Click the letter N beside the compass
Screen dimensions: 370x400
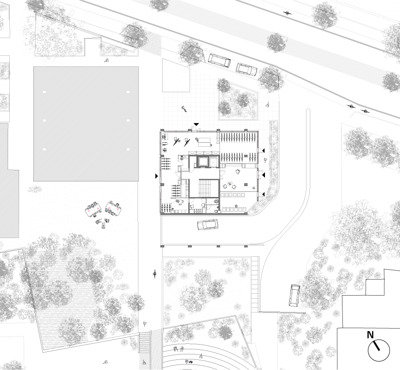[370, 335]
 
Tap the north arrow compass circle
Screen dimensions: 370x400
[379, 350]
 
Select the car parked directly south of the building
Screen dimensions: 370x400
[208, 225]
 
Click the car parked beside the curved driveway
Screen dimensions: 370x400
[295, 295]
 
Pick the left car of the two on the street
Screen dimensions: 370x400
[219, 60]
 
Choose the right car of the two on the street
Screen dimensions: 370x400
[246, 69]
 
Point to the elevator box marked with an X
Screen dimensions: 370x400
[213, 162]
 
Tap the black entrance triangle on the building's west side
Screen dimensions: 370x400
[157, 176]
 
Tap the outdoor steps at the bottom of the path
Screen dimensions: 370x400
[145, 343]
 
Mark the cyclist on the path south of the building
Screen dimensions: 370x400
[155, 275]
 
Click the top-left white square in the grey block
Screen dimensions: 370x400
[44, 92]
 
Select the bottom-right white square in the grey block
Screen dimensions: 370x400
[127, 149]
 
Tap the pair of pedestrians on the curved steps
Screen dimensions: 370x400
[179, 349]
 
